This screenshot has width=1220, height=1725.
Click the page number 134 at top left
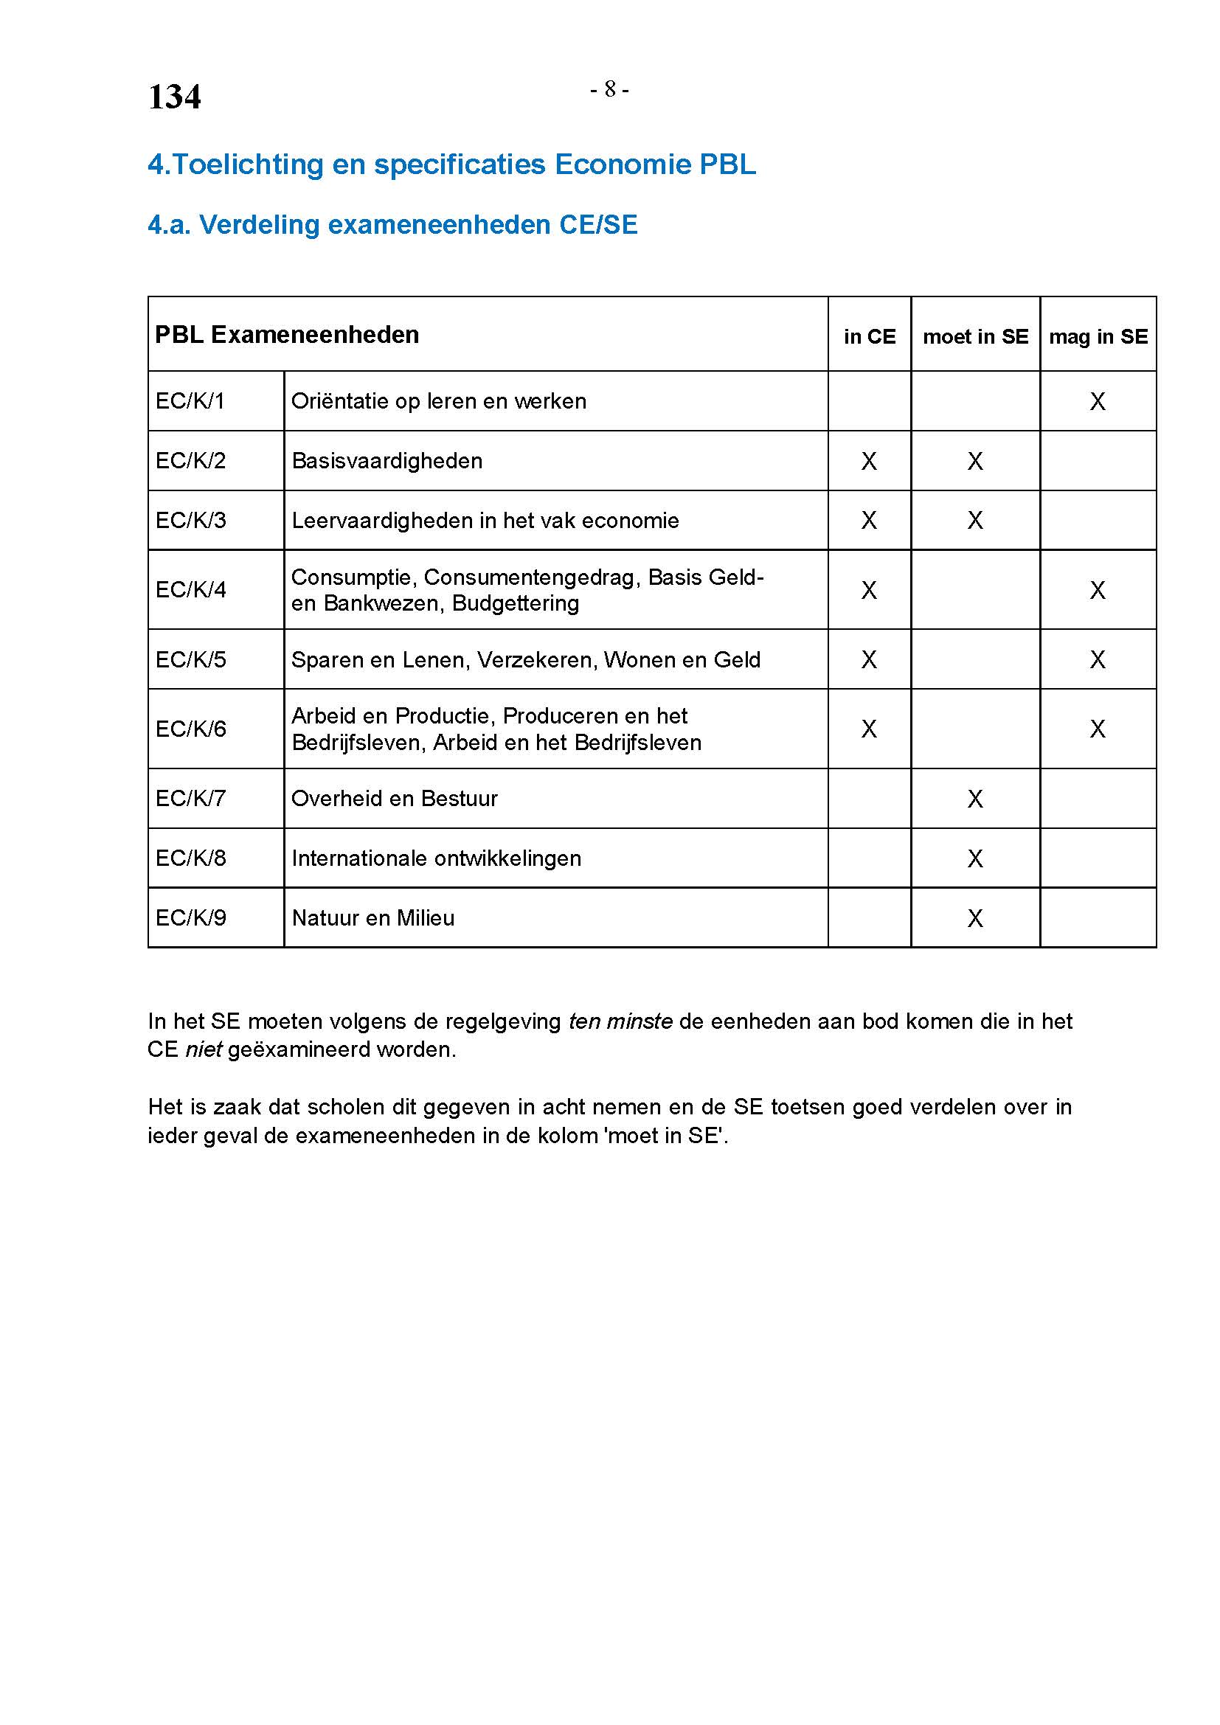(174, 97)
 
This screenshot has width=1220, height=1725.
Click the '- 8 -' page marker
(609, 89)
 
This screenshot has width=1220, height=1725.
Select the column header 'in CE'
(869, 336)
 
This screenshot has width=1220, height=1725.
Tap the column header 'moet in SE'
(975, 336)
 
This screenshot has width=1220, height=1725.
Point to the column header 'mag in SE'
(1098, 336)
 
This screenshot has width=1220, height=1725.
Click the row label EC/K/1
(190, 401)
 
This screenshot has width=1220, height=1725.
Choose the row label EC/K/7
(190, 798)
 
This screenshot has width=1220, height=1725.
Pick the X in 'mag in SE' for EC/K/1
(1098, 401)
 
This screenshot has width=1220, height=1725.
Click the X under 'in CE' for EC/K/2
(869, 460)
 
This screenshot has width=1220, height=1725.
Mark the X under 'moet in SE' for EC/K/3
(975, 520)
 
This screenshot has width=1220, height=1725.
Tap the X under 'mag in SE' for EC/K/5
(1098, 659)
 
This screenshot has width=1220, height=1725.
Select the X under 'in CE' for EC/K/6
(869, 729)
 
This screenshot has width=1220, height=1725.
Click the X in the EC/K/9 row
(975, 918)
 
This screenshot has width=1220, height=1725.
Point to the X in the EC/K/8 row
(975, 858)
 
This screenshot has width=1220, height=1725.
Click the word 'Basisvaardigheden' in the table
(387, 460)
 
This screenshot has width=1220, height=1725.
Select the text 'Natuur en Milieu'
(372, 918)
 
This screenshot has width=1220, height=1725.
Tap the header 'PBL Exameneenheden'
(287, 334)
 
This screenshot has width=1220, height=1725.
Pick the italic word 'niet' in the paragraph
(203, 1049)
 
